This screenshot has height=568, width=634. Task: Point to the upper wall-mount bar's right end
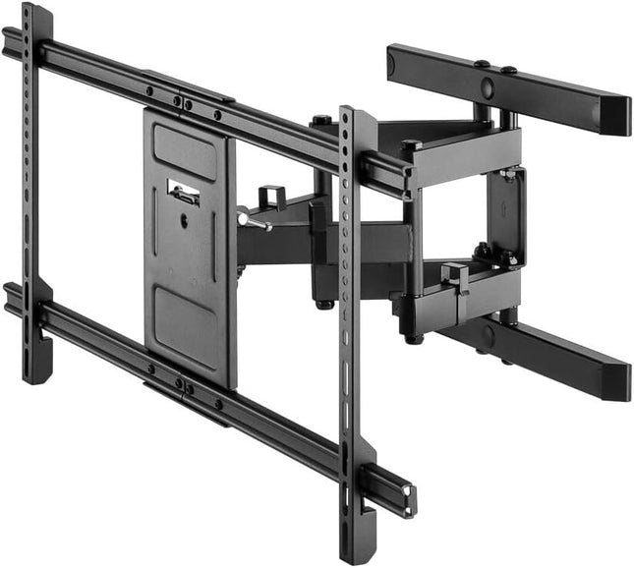click(615, 115)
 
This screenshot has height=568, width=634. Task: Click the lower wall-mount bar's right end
click(615, 383)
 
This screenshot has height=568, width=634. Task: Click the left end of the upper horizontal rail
click(12, 42)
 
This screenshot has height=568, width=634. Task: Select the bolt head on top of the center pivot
click(322, 121)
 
